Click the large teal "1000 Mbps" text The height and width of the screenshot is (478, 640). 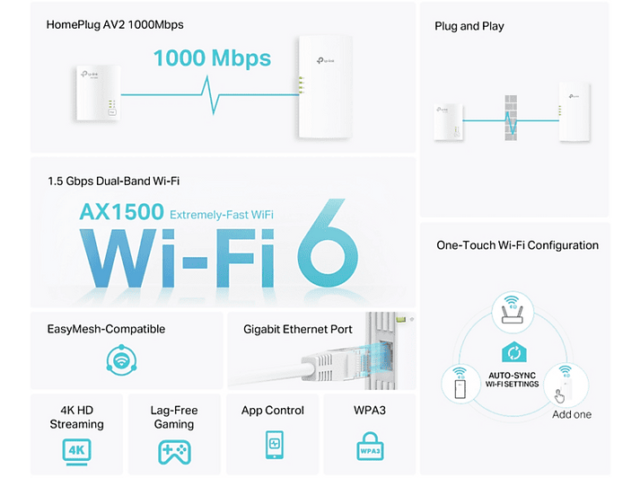212,58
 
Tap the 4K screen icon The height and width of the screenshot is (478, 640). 76,452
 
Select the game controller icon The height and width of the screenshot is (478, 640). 174,452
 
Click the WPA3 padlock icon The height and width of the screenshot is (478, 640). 370,447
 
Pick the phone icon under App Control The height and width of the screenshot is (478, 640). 275,445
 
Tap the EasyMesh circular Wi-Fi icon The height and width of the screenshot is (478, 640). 121,360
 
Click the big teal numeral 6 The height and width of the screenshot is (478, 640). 328,243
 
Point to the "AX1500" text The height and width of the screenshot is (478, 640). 122,212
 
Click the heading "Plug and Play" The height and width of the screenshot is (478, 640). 469,26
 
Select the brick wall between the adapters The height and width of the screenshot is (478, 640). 511,118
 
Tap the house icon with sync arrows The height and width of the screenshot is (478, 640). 513,351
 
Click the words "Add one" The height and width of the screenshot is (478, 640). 572,414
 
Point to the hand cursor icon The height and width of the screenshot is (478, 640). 559,396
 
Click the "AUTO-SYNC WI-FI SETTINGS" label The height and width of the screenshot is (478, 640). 512,379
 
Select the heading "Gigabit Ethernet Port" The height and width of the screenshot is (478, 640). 297,329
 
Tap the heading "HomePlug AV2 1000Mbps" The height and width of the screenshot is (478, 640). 115,24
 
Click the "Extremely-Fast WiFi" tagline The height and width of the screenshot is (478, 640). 221,215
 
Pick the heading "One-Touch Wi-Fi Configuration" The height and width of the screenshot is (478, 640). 518,245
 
